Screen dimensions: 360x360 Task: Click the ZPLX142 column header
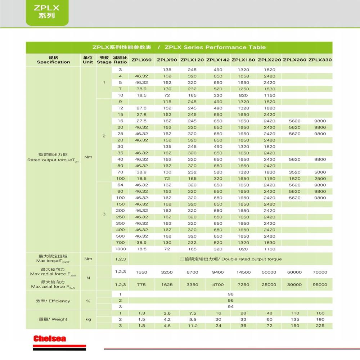[218, 60]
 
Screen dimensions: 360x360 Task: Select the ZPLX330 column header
[320, 60]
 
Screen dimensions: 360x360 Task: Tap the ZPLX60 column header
[141, 60]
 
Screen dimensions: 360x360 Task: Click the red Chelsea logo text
[50, 338]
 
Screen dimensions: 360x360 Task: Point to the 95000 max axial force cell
[320, 285]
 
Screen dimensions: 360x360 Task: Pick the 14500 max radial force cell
[243, 273]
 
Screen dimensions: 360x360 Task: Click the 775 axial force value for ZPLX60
[141, 285]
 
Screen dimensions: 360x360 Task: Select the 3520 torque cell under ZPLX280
[294, 172]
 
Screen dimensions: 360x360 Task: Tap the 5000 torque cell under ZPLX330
[320, 172]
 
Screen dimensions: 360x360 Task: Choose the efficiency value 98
[231, 294]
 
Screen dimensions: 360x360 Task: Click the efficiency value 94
[231, 307]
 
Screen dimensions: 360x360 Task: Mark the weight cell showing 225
[320, 326]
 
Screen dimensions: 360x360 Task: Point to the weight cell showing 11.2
[193, 326]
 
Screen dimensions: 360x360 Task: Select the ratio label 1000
[120, 249]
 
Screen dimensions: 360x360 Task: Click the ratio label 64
[120, 185]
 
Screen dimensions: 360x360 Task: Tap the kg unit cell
[88, 319]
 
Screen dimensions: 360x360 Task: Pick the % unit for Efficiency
[88, 301]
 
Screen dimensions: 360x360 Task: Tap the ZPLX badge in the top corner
[46, 12]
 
